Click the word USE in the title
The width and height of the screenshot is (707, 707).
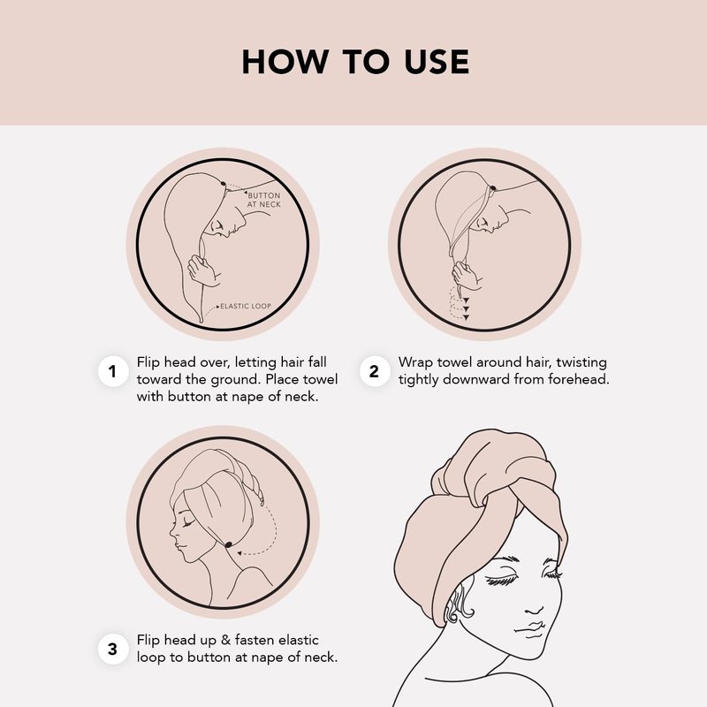pyautogui.click(x=437, y=62)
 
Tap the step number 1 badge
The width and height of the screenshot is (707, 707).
pyautogui.click(x=113, y=371)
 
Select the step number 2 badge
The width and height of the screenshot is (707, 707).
pyautogui.click(x=374, y=371)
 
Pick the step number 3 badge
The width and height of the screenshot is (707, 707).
pyautogui.click(x=113, y=650)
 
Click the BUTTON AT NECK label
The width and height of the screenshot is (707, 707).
pyautogui.click(x=263, y=200)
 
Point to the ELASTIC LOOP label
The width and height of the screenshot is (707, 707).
pyautogui.click(x=246, y=306)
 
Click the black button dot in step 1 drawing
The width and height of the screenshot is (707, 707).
pyautogui.click(x=224, y=184)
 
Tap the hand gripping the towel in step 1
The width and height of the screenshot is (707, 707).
pyautogui.click(x=203, y=270)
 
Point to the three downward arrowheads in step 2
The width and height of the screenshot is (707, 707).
pyautogui.click(x=467, y=308)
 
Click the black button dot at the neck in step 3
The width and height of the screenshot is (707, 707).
pyautogui.click(x=228, y=544)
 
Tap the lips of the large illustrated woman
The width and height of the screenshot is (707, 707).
pyautogui.click(x=532, y=629)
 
